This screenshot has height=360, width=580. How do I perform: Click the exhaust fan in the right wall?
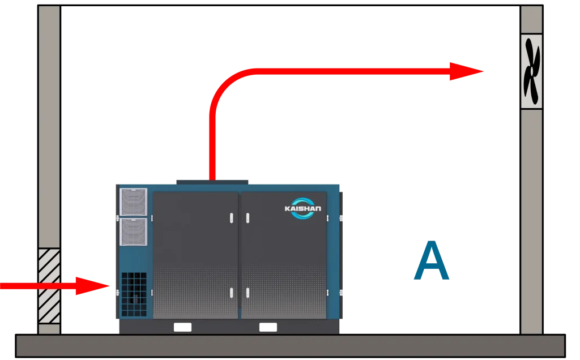531,71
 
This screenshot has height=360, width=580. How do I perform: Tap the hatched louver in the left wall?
49,286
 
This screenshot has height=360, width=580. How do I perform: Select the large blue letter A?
431,260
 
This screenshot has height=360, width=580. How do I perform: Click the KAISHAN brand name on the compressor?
302,208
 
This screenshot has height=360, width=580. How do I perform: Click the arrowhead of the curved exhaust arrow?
466,71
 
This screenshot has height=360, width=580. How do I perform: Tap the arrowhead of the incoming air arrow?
92,286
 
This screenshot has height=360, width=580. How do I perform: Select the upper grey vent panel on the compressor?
133,202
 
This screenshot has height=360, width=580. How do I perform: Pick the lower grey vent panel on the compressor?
133,232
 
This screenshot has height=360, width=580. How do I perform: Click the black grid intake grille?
134,294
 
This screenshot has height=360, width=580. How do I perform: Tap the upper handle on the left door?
232,218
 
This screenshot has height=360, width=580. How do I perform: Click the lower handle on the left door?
232,293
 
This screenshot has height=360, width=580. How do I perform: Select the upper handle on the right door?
248,218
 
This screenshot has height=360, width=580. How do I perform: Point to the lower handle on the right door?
248,293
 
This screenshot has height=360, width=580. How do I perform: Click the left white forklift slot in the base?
182,327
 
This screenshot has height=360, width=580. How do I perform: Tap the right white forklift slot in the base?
268,327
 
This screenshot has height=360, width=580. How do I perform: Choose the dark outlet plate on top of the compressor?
212,182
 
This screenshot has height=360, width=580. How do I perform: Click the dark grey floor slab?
291,346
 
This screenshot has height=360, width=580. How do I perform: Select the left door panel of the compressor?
195,255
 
